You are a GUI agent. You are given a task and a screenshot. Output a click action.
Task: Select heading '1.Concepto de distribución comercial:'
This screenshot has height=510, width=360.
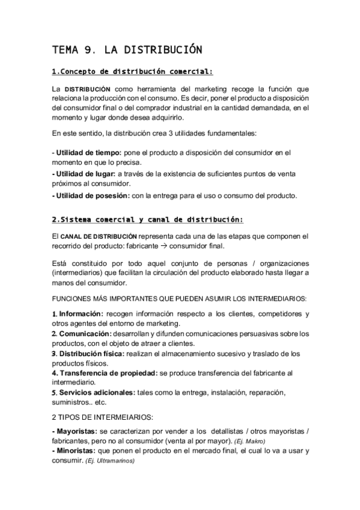click(x=132, y=72)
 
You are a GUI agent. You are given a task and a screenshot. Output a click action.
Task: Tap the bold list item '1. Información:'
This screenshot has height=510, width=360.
click(x=77, y=315)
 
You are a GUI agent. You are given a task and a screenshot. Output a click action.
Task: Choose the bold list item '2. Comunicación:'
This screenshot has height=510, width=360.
click(x=81, y=334)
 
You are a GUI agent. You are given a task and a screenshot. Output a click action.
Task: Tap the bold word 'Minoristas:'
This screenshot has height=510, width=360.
click(x=75, y=451)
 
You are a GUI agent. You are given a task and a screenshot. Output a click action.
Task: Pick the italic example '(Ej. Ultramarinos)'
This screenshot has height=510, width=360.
click(x=110, y=461)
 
